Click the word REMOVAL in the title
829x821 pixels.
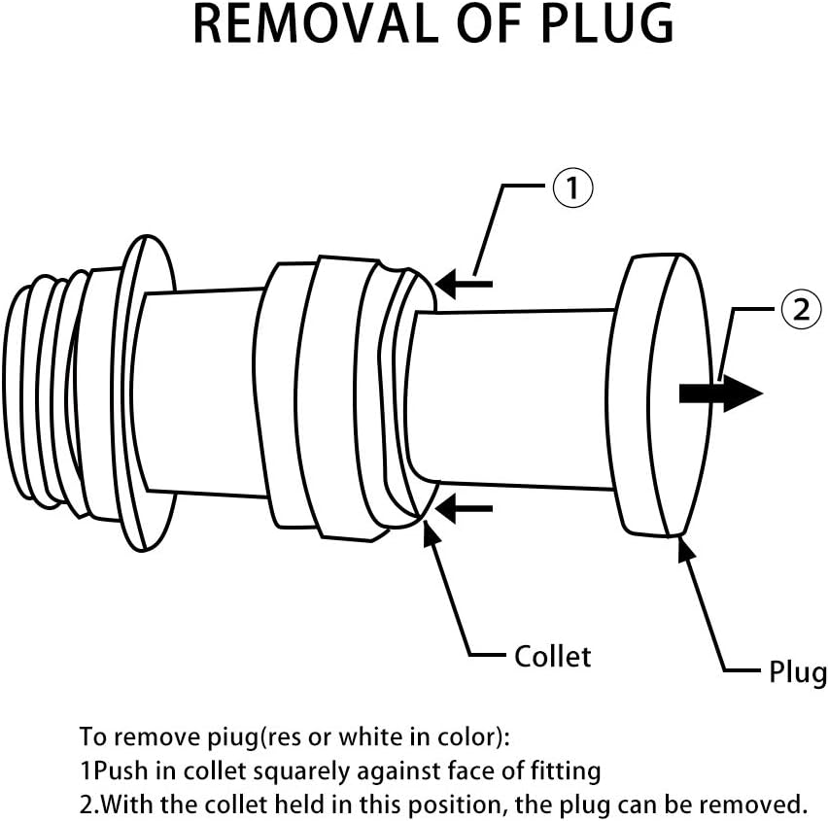point(315,24)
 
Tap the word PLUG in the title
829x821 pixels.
point(607,24)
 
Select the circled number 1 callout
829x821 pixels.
point(572,188)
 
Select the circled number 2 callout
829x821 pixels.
point(802,310)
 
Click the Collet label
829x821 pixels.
point(552,657)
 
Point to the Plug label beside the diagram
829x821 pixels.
point(798,672)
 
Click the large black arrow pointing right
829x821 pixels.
point(720,393)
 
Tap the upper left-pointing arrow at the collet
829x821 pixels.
point(464,284)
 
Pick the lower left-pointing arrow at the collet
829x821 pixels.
point(464,508)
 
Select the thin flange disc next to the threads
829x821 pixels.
point(143,393)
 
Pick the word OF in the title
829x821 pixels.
point(490,24)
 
